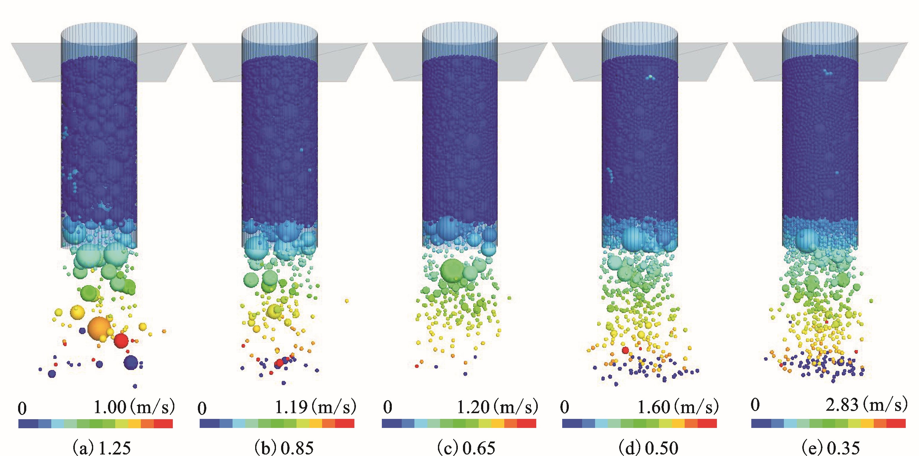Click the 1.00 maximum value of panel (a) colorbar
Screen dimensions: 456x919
110,407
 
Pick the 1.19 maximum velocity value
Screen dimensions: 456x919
291,407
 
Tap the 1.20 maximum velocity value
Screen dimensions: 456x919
474,407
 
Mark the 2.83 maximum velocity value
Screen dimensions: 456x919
842,405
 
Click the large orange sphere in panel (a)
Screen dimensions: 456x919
99,327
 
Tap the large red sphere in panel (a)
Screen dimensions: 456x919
121,341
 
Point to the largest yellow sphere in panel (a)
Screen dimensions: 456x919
77,312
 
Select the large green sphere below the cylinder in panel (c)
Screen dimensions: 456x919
453,271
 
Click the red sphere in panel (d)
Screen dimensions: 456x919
625,350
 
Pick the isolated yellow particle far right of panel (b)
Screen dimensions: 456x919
347,301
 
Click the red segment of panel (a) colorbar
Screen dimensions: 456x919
163,423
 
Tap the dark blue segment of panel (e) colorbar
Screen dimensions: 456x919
761,423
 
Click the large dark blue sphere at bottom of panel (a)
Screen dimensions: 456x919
131,362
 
